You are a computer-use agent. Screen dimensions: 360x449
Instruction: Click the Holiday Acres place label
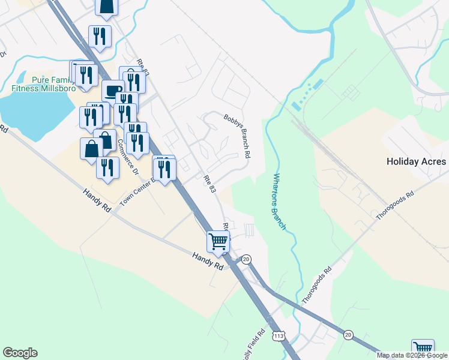coord(416,161)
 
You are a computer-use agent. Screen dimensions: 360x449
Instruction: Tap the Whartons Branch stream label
coord(280,202)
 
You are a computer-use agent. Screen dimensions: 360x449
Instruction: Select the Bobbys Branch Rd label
coord(237,136)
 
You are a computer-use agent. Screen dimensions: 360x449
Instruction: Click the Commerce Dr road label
coord(127,157)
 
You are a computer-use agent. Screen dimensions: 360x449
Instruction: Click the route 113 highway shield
coord(279,334)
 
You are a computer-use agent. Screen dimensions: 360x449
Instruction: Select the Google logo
coord(20,353)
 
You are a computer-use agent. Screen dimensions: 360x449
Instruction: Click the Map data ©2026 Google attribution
coord(412,355)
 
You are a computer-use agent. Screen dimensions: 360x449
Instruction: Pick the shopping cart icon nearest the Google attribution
coord(423,348)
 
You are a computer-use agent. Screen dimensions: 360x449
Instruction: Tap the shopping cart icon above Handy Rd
coord(218,241)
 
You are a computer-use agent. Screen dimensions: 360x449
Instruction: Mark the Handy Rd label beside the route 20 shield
coord(208,262)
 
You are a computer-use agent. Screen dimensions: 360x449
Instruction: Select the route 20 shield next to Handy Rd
coord(246,259)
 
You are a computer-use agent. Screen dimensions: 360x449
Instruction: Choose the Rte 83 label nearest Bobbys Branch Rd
coord(208,184)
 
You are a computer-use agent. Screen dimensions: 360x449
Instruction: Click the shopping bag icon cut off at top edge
coord(107,6)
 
